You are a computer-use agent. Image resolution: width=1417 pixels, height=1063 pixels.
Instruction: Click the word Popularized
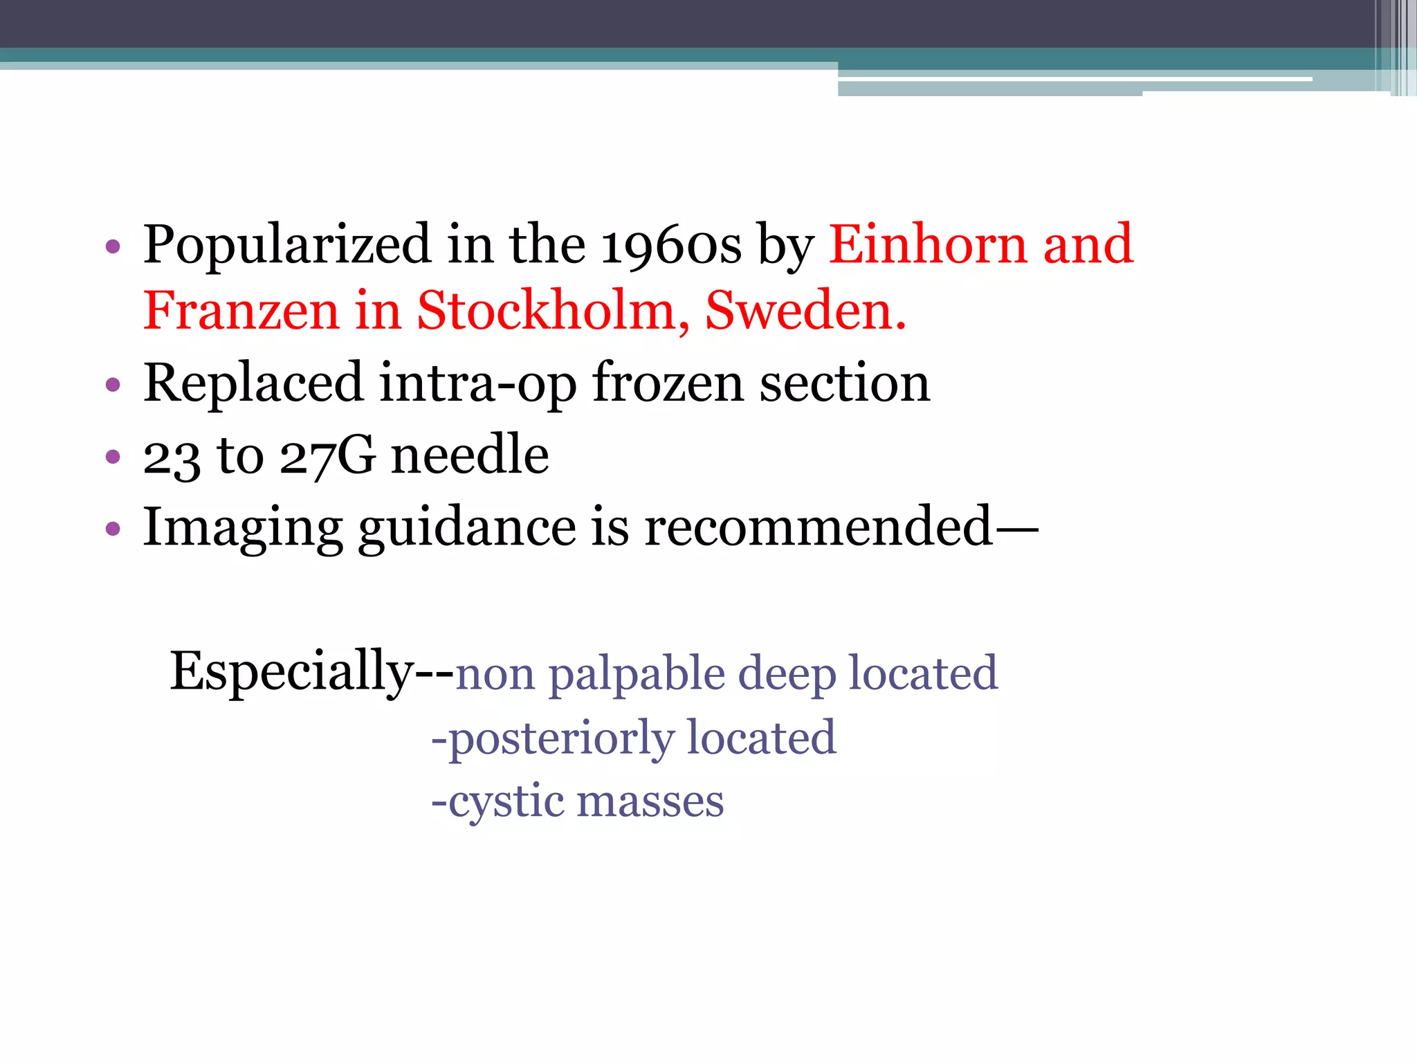pyautogui.click(x=287, y=246)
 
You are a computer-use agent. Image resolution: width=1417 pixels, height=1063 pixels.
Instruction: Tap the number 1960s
pyautogui.click(x=670, y=246)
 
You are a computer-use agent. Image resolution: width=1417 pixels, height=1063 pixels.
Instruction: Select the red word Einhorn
pyautogui.click(x=928, y=244)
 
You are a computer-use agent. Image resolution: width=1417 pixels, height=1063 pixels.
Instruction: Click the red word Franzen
pyautogui.click(x=241, y=311)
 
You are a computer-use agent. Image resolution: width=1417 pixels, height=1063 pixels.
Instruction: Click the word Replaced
pyautogui.click(x=253, y=383)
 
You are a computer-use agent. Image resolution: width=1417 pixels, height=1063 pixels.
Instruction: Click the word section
pyautogui.click(x=845, y=383)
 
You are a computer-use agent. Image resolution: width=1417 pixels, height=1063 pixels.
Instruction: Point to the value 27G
pyautogui.click(x=328, y=456)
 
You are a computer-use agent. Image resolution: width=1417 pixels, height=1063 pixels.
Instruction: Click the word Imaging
pyautogui.click(x=242, y=528)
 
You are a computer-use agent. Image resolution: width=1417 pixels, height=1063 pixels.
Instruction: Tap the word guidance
pyautogui.click(x=466, y=528)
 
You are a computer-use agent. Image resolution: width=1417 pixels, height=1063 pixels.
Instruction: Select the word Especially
pyautogui.click(x=291, y=671)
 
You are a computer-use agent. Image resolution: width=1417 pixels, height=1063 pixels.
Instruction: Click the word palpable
pyautogui.click(x=636, y=674)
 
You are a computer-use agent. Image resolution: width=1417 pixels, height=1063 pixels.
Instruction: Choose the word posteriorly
pyautogui.click(x=561, y=738)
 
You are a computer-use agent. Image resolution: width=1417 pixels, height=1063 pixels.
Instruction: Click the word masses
pyautogui.click(x=650, y=802)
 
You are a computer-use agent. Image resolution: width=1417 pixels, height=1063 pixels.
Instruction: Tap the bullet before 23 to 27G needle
pyautogui.click(x=113, y=457)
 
